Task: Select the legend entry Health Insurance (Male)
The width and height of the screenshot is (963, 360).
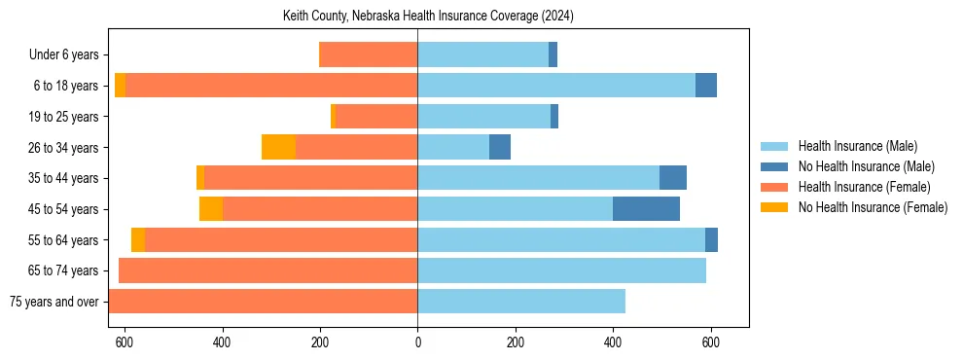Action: click(x=857, y=146)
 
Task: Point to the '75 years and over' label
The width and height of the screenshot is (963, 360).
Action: click(x=54, y=302)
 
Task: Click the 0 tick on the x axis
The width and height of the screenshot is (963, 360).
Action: click(x=417, y=342)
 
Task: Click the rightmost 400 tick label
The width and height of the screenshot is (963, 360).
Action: click(x=613, y=342)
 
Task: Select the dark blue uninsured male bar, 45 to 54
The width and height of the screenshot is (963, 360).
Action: click(x=646, y=209)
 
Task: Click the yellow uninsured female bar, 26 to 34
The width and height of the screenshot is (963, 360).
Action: click(x=278, y=147)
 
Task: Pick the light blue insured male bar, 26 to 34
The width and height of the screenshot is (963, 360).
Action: click(x=453, y=147)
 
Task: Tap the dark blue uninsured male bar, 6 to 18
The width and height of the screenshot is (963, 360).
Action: click(x=705, y=86)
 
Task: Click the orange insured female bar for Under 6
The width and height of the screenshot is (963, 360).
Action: click(x=369, y=55)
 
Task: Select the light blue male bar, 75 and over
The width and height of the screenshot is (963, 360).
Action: click(x=521, y=302)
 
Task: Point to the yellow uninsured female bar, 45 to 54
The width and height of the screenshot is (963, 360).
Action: click(x=211, y=209)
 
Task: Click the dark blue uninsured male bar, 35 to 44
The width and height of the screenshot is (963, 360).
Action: click(x=672, y=178)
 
